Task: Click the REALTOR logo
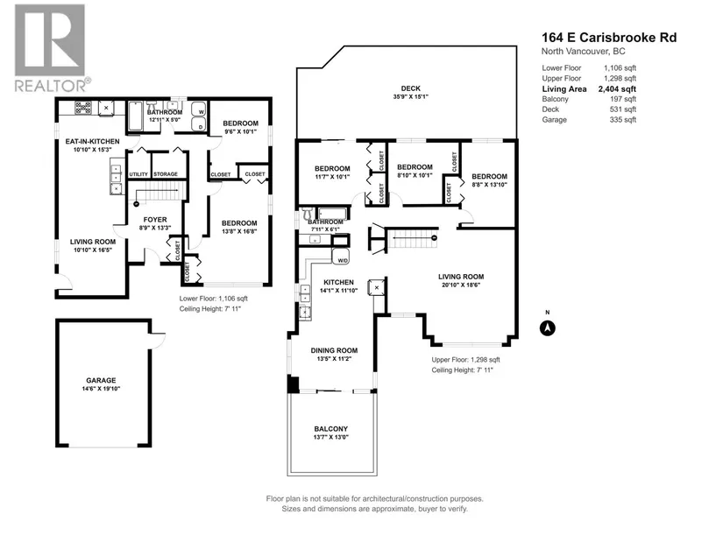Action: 51,48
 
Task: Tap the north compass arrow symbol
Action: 548,328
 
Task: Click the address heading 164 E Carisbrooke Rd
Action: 609,38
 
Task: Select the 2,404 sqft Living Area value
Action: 617,89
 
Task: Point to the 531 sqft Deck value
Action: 622,109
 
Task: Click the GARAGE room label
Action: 101,380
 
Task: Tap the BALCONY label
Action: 331,429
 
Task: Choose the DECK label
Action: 410,88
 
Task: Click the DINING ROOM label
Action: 334,350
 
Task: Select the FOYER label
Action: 155,220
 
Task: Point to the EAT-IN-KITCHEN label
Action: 92,142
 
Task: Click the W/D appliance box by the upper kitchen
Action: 341,257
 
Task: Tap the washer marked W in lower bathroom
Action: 199,109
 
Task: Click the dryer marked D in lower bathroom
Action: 199,124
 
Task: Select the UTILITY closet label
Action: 138,174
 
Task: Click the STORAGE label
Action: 166,174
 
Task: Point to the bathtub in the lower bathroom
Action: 135,116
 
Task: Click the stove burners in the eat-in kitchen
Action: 83,108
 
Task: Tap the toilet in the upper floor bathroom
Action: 308,214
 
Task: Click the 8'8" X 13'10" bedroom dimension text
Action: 489,185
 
